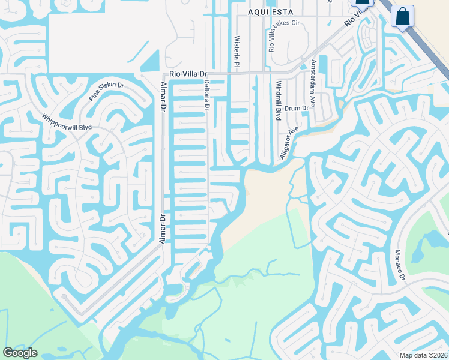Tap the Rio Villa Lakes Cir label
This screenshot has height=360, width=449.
(283, 34)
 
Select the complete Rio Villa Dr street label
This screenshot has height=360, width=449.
(188, 74)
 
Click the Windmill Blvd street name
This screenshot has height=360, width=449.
(278, 100)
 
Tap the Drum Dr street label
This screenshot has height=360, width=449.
(296, 109)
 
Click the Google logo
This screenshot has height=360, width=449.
(20, 353)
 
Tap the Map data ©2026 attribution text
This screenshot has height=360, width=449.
(424, 355)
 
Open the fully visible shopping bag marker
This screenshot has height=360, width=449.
(402, 16)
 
